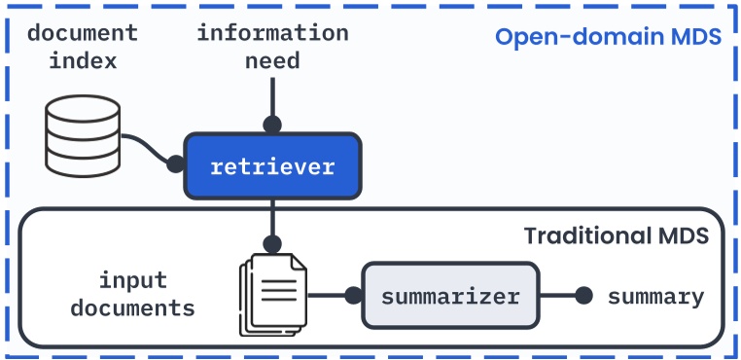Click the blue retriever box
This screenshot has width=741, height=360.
click(x=272, y=165)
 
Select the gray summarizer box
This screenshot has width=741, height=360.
click(x=449, y=297)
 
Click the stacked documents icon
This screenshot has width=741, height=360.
click(x=272, y=294)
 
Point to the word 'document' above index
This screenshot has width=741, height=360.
click(x=83, y=33)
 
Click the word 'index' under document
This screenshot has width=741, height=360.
click(x=83, y=61)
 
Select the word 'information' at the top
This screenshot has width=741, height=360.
click(x=272, y=33)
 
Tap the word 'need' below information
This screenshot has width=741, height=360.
click(x=272, y=61)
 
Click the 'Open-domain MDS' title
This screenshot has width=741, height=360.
click(x=608, y=38)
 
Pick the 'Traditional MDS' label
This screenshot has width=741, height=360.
click(x=616, y=236)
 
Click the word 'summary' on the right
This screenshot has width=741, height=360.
click(x=655, y=297)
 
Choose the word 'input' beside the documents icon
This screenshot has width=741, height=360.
click(x=133, y=281)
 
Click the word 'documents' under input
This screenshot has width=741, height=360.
click(x=133, y=309)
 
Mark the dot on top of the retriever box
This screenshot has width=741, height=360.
click(x=273, y=125)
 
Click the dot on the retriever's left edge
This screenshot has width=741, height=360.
click(x=176, y=164)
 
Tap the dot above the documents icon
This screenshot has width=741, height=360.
click(x=273, y=244)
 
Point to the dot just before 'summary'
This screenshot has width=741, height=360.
click(x=583, y=297)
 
